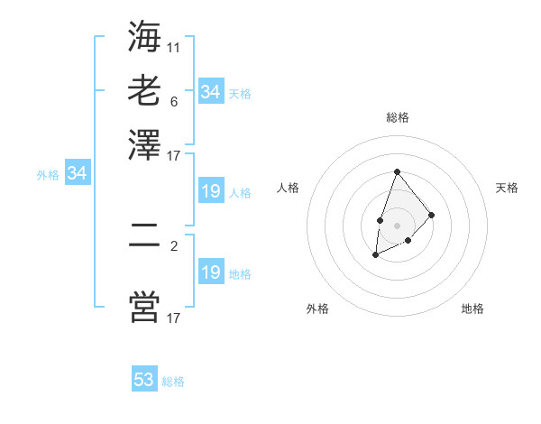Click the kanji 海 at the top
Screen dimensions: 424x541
144,38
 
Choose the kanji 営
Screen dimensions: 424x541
144,307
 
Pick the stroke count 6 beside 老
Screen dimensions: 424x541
174,101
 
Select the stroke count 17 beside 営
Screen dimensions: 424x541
174,318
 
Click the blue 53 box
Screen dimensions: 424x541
144,380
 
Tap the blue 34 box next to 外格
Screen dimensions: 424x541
77,174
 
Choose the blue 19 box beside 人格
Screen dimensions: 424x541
210,191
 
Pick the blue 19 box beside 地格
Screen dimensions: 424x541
210,272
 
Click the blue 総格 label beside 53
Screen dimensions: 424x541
173,382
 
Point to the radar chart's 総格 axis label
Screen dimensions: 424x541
397,117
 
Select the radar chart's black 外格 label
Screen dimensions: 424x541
317,309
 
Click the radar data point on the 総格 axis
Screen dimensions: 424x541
397,171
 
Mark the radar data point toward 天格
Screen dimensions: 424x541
432,215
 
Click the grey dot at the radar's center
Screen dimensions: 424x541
397,224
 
